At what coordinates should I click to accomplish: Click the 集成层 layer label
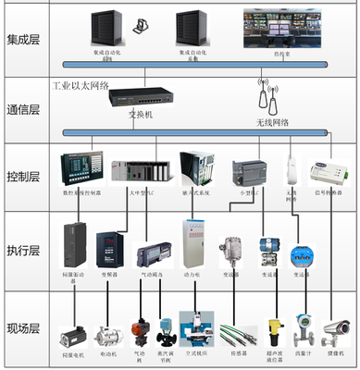coord(24,39)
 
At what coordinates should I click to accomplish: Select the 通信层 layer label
coord(24,109)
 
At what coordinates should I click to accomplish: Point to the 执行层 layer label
coord(24,250)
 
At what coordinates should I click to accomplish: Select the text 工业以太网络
coord(81,85)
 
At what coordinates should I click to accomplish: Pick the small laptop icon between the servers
coord(141,27)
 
